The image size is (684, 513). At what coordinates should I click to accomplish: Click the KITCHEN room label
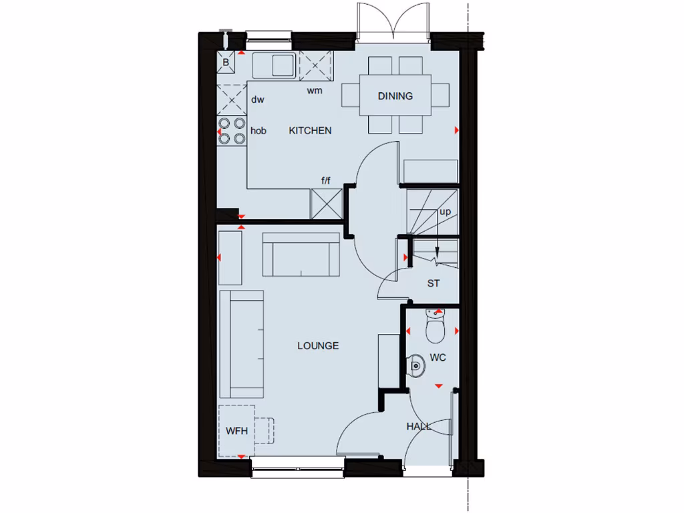click(x=310, y=131)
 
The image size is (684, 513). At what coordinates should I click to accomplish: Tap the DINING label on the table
click(x=395, y=96)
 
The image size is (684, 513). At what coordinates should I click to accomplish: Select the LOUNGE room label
click(x=318, y=346)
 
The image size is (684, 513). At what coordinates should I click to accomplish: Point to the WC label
click(x=438, y=358)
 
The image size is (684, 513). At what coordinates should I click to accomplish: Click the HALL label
click(x=419, y=426)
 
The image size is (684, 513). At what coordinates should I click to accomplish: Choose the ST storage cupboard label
click(x=434, y=283)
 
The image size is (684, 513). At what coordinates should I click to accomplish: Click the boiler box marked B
click(x=226, y=63)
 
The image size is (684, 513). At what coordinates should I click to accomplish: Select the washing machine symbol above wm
click(x=315, y=65)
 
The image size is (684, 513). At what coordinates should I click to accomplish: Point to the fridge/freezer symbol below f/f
click(x=327, y=203)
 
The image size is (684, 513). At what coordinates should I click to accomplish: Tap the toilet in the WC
click(x=435, y=327)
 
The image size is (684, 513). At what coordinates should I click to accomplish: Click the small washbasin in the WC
click(x=416, y=365)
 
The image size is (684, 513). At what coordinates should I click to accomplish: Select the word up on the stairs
click(x=445, y=212)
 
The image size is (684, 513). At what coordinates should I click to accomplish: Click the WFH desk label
click(x=236, y=431)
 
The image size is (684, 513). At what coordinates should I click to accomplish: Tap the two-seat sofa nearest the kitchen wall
click(x=301, y=254)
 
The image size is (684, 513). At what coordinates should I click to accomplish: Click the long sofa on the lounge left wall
click(x=241, y=344)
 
